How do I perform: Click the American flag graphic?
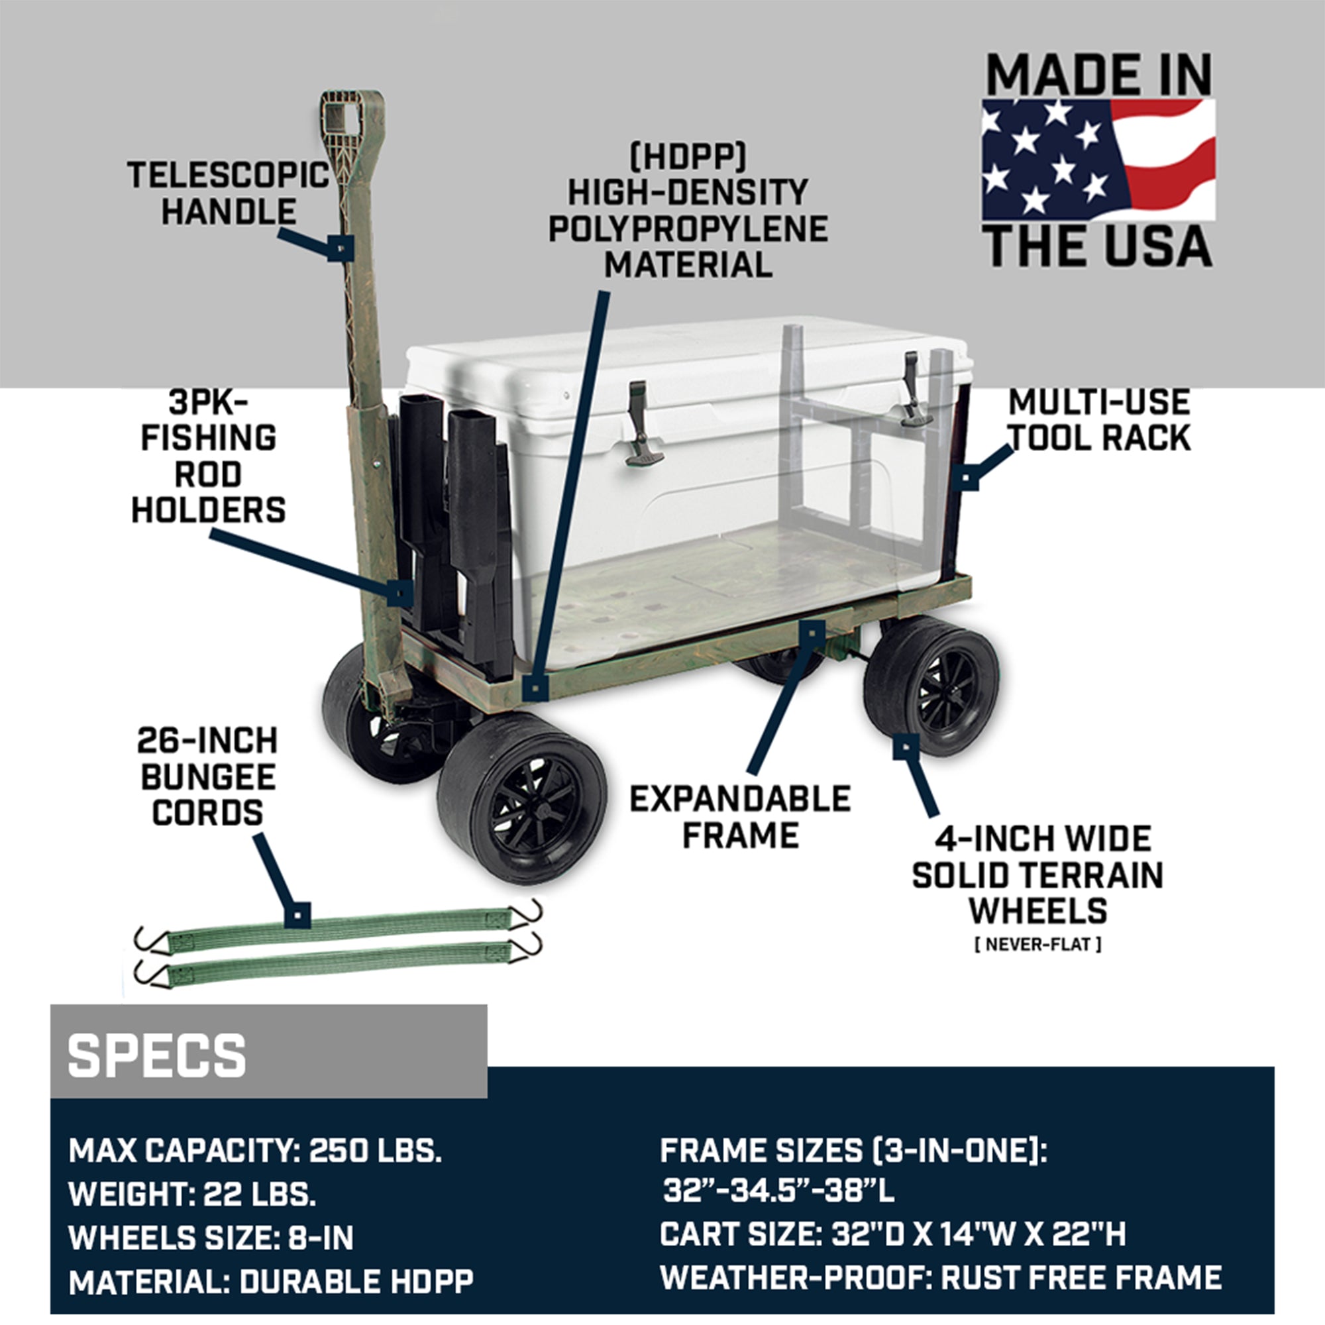pyautogui.click(x=1098, y=159)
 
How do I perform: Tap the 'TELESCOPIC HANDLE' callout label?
pyautogui.click(x=229, y=193)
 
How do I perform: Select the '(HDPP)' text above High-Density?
pyautogui.click(x=688, y=157)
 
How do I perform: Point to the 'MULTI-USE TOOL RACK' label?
pyautogui.click(x=1099, y=420)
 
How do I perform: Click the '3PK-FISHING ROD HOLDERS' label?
pyautogui.click(x=209, y=456)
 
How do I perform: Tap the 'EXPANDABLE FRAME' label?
pyautogui.click(x=741, y=817)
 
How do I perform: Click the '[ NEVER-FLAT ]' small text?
pyautogui.click(x=1037, y=944)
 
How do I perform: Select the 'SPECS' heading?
pyautogui.click(x=156, y=1055)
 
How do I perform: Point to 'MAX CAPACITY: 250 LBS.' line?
pyautogui.click(x=255, y=1150)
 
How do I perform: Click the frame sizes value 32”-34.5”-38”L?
pyautogui.click(x=778, y=1190)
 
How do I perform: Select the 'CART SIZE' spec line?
pyautogui.click(x=893, y=1234)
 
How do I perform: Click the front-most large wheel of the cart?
pyautogui.click(x=523, y=797)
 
